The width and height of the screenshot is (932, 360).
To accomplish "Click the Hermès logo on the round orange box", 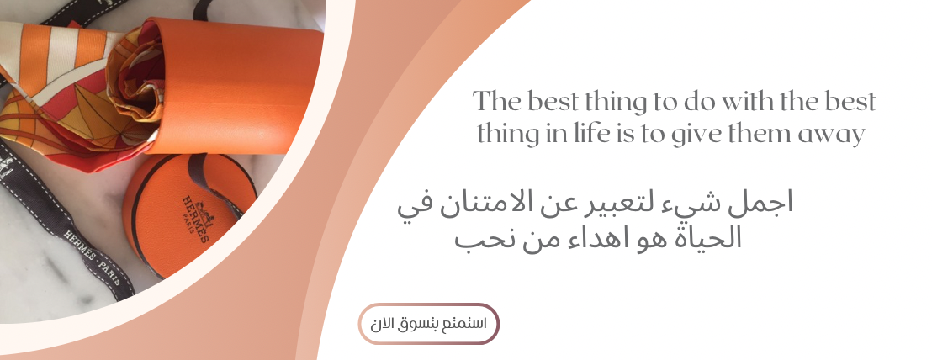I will (195, 216).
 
